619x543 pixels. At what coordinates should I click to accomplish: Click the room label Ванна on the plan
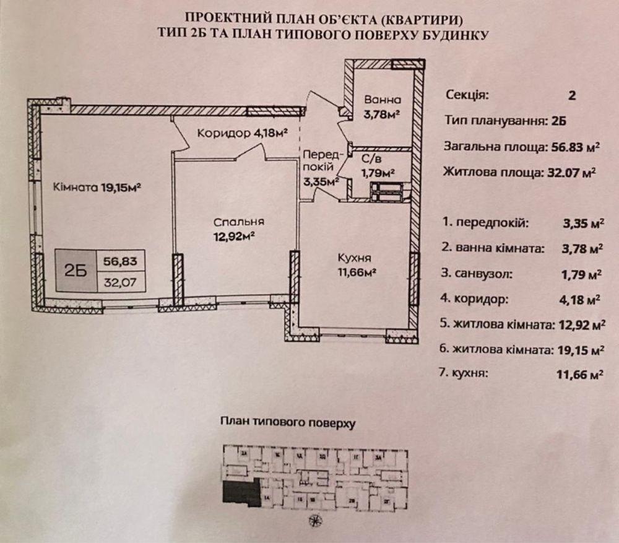coord(383,100)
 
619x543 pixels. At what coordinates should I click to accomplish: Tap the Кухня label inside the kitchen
coord(355,258)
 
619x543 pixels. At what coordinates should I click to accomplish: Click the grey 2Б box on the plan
coord(74,271)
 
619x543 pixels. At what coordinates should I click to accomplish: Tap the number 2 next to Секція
coord(571,96)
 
